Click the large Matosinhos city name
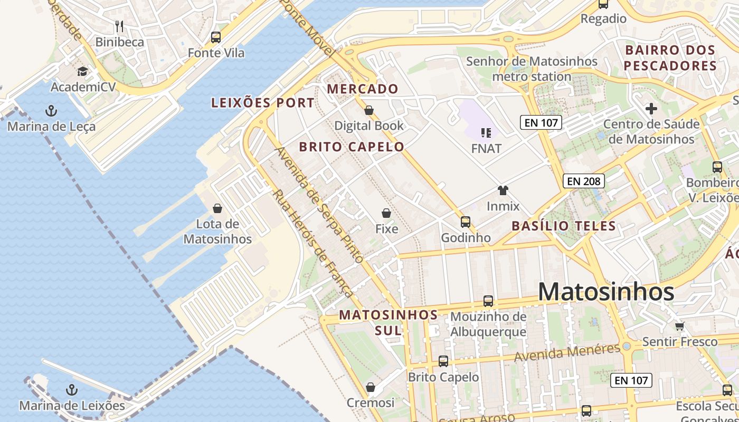pyautogui.click(x=606, y=292)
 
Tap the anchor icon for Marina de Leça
pyautogui.click(x=51, y=111)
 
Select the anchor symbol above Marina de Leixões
pyautogui.click(x=72, y=390)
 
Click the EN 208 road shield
pyautogui.click(x=583, y=181)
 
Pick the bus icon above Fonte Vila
pyautogui.click(x=216, y=37)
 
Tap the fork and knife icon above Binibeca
pyautogui.click(x=119, y=26)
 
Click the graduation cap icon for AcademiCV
pyautogui.click(x=82, y=71)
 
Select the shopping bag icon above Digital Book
pyautogui.click(x=369, y=110)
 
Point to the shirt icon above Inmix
pyautogui.click(x=503, y=190)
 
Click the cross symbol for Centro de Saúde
pyautogui.click(x=651, y=109)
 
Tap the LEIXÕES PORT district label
pyautogui.click(x=263, y=103)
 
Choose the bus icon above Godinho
pyautogui.click(x=465, y=222)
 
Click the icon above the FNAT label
pyautogui.click(x=486, y=133)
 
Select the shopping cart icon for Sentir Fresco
pyautogui.click(x=679, y=326)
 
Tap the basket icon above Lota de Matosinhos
pyautogui.click(x=217, y=208)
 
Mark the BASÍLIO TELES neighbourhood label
pyautogui.click(x=564, y=226)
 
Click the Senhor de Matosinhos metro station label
pyautogui.click(x=532, y=69)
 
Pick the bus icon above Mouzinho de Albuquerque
pyautogui.click(x=488, y=301)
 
